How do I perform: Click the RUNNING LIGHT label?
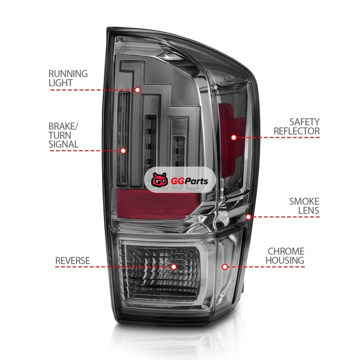(68, 78)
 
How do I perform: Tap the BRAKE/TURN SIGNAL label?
(63, 135)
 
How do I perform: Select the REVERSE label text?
(72, 261)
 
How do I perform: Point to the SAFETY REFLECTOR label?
(304, 126)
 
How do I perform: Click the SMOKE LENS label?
(304, 206)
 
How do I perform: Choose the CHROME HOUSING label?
(285, 256)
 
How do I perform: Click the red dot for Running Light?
(138, 90)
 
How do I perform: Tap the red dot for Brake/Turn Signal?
(123, 150)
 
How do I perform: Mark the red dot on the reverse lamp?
(174, 266)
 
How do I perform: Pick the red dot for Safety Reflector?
(234, 137)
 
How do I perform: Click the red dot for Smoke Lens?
(248, 217)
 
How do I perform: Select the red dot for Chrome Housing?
(225, 267)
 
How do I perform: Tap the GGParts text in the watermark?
(183, 181)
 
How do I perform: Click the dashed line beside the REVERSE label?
(112, 266)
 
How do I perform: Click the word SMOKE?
(304, 201)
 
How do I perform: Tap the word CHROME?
(286, 251)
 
